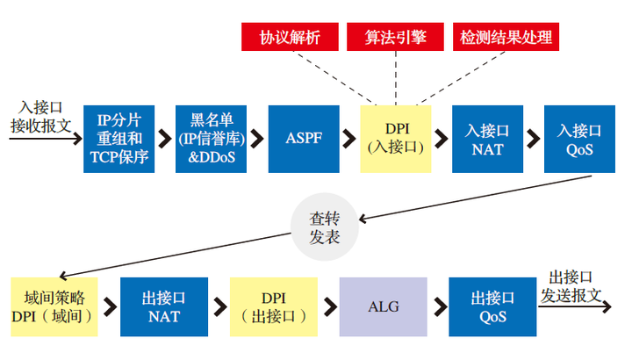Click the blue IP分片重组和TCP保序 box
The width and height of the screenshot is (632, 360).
pyautogui.click(x=119, y=137)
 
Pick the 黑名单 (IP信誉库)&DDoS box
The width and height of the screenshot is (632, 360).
pyautogui.click(x=212, y=137)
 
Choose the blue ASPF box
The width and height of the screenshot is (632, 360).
pyautogui.click(x=303, y=137)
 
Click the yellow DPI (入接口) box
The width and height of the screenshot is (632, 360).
pyautogui.click(x=395, y=137)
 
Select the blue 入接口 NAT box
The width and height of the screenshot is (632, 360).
pyautogui.click(x=486, y=137)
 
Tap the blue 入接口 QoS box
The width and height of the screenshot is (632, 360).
pyautogui.click(x=578, y=137)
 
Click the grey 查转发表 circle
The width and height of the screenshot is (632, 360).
pyautogui.click(x=323, y=229)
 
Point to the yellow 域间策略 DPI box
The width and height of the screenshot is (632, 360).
pyautogui.click(x=52, y=307)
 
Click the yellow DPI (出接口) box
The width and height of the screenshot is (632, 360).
pyautogui.click(x=273, y=307)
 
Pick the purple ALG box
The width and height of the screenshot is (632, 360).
pyautogui.click(x=383, y=307)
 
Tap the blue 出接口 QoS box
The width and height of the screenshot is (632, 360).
pyautogui.click(x=492, y=307)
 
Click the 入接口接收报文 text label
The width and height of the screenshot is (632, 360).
pyautogui.click(x=40, y=117)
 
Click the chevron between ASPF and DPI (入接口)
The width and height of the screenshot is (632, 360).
pyautogui.click(x=349, y=138)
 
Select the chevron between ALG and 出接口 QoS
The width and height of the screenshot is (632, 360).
pyautogui.click(x=438, y=307)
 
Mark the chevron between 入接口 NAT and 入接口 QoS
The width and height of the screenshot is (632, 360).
pyautogui.click(x=533, y=138)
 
